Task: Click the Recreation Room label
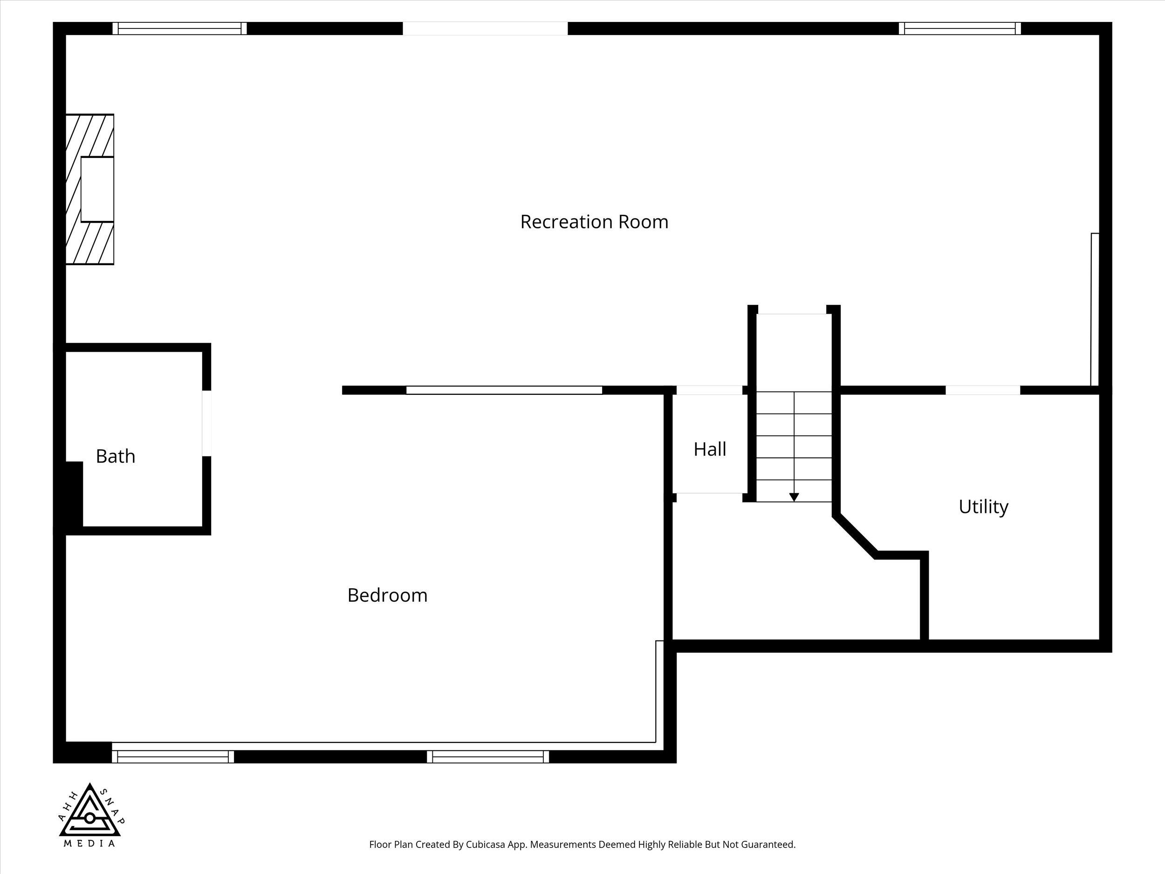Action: coord(594,222)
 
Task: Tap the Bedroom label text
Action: coord(387,595)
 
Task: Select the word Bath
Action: coord(116,456)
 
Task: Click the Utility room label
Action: coord(983,507)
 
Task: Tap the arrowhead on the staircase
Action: coord(794,497)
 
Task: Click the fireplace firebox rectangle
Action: coord(97,189)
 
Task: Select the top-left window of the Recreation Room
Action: coord(179,28)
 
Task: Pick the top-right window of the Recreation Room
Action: coord(959,28)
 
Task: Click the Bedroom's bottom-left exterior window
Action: coord(173,757)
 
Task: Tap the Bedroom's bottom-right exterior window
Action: coord(488,757)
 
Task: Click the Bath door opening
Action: coord(207,423)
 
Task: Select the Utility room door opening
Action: coord(983,390)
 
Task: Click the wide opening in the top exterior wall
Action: coord(485,28)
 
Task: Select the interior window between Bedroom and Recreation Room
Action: coord(504,390)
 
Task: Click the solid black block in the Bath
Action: coord(74,494)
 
